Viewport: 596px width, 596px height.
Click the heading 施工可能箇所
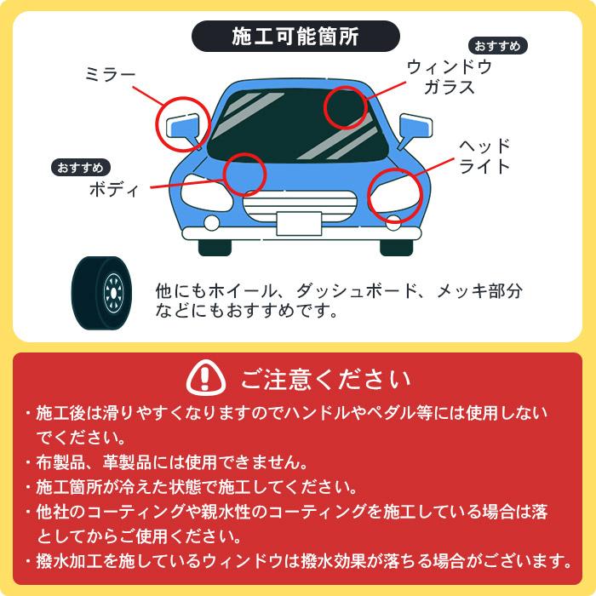click(295, 37)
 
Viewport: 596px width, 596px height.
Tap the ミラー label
click(110, 75)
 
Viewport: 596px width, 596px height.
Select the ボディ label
click(114, 188)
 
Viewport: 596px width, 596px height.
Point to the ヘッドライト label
click(484, 155)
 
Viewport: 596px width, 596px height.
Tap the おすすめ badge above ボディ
click(80, 167)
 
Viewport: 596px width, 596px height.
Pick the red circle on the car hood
click(244, 174)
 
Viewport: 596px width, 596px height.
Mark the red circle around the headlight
click(395, 197)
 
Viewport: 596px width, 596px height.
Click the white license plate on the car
click(298, 222)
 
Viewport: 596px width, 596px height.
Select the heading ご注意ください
click(324, 377)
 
